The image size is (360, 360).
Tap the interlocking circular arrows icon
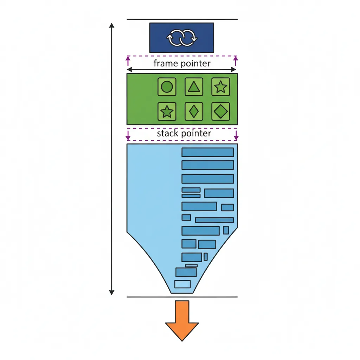(181, 38)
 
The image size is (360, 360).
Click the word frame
(166, 64)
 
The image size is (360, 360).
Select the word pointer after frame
(195, 64)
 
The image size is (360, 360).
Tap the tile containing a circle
(167, 86)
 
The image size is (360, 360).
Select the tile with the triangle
(194, 86)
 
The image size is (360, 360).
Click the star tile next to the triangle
(220, 86)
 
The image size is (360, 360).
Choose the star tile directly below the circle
(167, 111)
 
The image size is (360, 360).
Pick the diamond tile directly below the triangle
(194, 111)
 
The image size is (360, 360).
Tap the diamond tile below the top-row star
(220, 111)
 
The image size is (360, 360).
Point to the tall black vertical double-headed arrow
(111, 158)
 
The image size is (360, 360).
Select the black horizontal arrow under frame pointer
(181, 70)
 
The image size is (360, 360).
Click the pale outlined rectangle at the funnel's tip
(182, 284)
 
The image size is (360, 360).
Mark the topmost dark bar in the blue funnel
(207, 152)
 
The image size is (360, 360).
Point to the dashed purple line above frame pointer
(181, 56)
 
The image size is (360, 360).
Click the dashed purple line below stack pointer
(181, 140)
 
